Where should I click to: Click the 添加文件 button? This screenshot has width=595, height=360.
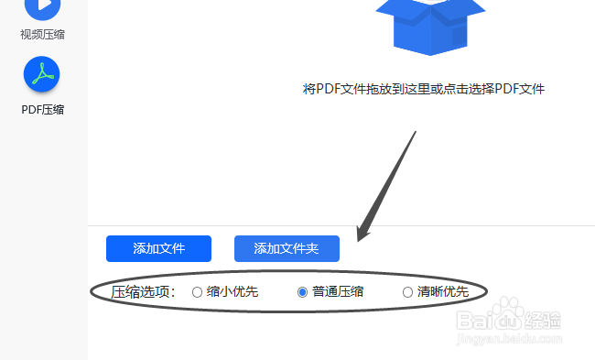[158, 248]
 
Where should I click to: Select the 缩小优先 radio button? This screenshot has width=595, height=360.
[197, 293]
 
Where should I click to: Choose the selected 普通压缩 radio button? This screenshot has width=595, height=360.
[303, 293]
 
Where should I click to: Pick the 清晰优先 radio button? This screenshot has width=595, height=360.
[408, 293]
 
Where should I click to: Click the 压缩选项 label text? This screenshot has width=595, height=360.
[143, 293]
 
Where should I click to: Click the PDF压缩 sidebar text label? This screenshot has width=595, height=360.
[43, 110]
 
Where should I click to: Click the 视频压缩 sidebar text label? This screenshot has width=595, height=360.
[43, 35]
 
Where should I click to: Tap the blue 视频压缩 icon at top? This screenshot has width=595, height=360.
[42, 7]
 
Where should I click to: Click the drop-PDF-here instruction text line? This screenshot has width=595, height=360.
[424, 89]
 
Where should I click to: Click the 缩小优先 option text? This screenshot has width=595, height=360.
[233, 293]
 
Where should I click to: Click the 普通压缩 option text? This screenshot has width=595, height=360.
[338, 293]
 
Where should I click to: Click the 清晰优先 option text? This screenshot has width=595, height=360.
[443, 293]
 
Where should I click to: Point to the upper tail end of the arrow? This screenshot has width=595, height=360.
[416, 133]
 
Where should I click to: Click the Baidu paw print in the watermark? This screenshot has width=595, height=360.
[509, 321]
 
